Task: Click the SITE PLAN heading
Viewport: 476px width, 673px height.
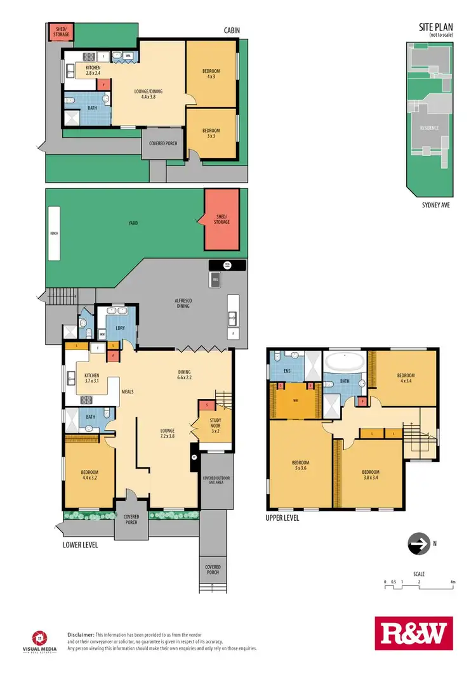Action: (x=434, y=28)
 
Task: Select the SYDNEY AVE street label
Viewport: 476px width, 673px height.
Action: (x=435, y=206)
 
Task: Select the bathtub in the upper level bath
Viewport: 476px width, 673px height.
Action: (x=343, y=364)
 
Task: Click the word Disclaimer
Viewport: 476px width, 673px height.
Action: (x=81, y=634)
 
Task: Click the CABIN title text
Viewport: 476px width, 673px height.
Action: (x=230, y=30)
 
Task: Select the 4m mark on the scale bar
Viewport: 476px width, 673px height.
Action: (x=452, y=582)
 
